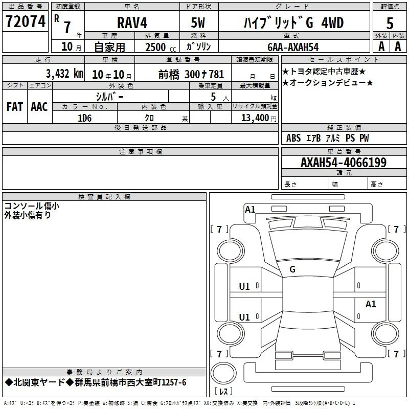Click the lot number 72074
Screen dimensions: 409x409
(26, 21)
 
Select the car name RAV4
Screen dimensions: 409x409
(132, 22)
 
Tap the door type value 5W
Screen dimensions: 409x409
(198, 22)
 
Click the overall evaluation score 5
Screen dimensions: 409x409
(390, 24)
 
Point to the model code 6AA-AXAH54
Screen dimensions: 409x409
(293, 47)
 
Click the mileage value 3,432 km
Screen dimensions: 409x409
(64, 74)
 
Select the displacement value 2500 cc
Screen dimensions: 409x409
(161, 47)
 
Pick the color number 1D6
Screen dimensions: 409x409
(85, 118)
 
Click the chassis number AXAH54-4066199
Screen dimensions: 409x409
(344, 163)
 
